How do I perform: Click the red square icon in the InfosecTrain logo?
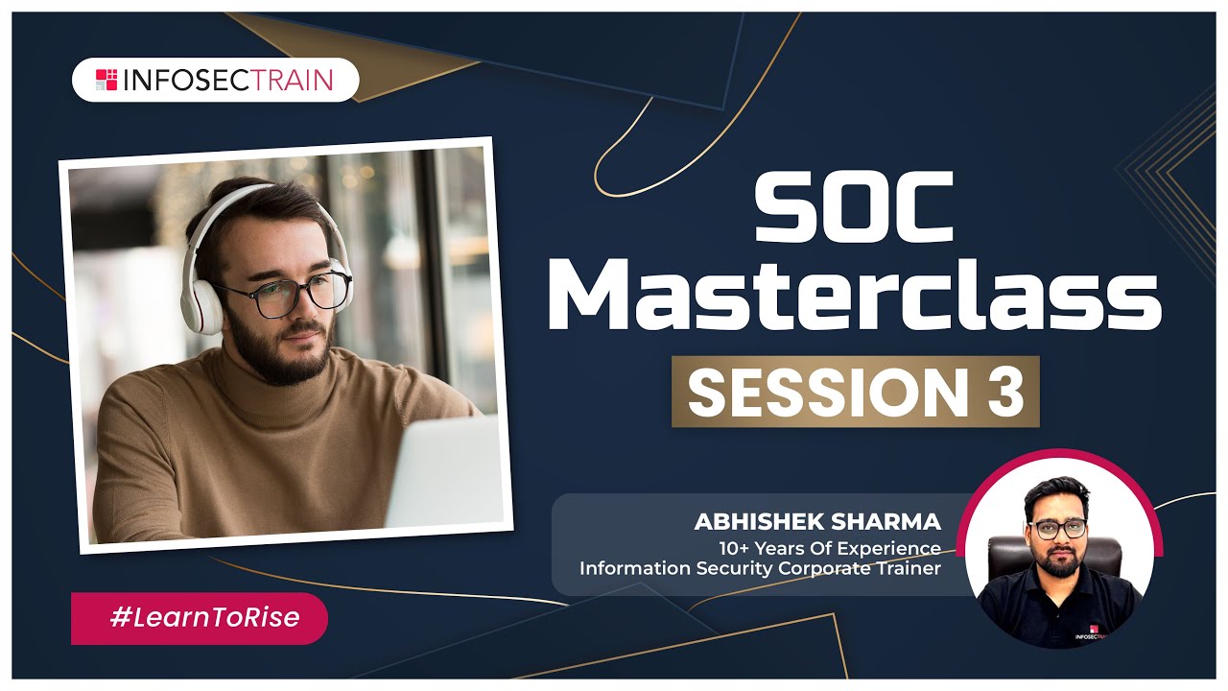click(x=106, y=80)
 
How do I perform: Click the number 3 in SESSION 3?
click(x=1006, y=392)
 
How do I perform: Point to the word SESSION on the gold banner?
click(x=828, y=392)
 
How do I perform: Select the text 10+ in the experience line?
click(x=735, y=548)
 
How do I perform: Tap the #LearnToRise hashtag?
click(x=205, y=617)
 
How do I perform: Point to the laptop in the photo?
click(x=445, y=472)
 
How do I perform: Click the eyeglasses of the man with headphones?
click(x=285, y=295)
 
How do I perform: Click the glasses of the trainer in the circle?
click(x=1058, y=529)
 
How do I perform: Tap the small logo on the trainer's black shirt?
click(x=1091, y=632)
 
